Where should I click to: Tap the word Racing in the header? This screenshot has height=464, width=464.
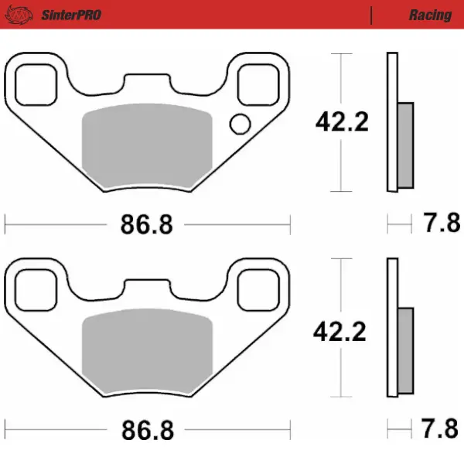[430, 15]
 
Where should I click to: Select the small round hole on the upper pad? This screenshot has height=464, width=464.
[240, 123]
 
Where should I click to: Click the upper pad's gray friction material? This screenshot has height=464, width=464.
[146, 147]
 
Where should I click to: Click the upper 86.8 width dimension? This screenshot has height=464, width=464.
[146, 225]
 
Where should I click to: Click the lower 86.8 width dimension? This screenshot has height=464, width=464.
[146, 429]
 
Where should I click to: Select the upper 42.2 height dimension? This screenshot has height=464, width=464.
[340, 122]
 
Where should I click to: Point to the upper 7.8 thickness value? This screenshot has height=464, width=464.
[440, 225]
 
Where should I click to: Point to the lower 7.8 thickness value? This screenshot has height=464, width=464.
[440, 429]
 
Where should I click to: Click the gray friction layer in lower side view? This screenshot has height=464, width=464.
[405, 350]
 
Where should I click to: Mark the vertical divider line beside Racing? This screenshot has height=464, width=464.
[372, 15]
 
